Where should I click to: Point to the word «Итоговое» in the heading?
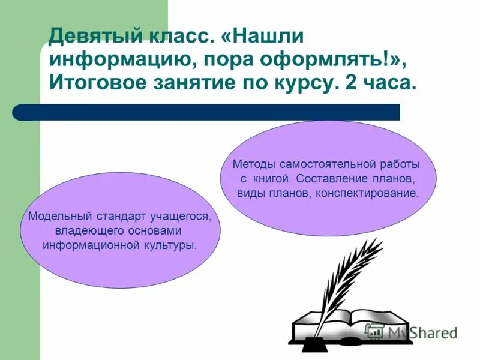point(97,83)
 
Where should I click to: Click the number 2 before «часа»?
point(352,83)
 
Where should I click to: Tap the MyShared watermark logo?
point(411,332)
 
